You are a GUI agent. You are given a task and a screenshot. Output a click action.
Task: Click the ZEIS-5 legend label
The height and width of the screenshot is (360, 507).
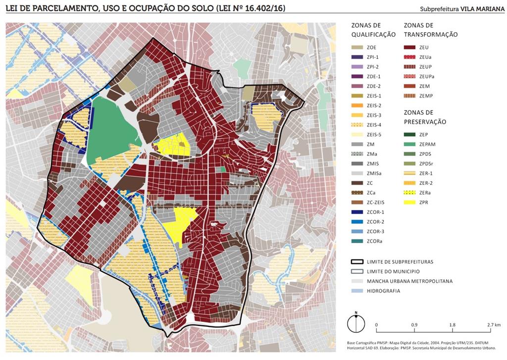[375, 135]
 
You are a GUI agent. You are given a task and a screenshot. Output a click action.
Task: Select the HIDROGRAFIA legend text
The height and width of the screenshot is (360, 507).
[383, 291]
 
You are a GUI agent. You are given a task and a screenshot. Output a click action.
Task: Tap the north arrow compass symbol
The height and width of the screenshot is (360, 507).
[355, 323]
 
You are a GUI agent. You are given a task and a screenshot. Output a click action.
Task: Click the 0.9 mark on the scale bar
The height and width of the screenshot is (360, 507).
[414, 324]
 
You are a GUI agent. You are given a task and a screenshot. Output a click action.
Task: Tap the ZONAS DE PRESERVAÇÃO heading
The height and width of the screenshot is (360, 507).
[425, 117]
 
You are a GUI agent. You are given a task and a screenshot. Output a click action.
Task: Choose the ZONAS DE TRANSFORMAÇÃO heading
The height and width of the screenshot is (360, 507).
[430, 30]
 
